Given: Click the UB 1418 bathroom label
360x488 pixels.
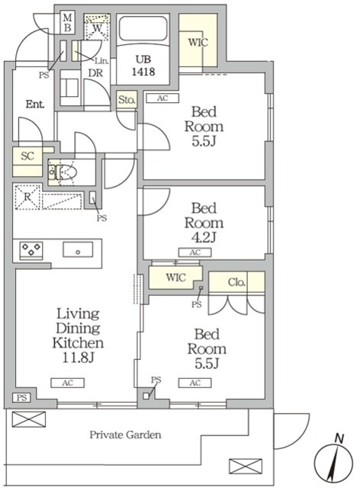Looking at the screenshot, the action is point(143,66).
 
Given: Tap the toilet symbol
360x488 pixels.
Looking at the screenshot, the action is point(63,172).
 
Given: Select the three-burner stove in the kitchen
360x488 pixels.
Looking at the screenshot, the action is point(31,249).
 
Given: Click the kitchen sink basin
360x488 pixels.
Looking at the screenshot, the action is point(78,249).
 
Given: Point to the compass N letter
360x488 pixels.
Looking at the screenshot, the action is point(339,439).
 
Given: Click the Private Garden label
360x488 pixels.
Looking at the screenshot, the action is point(126,435).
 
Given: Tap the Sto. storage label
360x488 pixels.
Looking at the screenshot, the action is point(127,100).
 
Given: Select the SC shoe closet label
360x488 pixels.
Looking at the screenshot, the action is point(27,156).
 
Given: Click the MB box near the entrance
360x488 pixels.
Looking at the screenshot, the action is point(68,23).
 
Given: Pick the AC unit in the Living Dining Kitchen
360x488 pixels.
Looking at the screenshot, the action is point(68,383).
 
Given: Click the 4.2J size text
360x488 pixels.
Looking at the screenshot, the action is point(204,238).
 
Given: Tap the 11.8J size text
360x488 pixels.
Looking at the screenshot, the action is point(78,358).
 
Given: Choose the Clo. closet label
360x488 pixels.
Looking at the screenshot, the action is point(236,282).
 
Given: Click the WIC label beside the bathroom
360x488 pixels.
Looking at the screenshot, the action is point(198,42).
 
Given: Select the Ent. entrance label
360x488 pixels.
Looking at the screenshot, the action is point(35,104).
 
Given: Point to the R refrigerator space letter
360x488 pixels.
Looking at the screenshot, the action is point(27,197).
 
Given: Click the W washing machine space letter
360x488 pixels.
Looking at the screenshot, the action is point(98,27).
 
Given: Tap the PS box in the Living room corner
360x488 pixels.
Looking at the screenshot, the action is point(21,397).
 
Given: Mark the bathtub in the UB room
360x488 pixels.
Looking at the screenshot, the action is point(143,28).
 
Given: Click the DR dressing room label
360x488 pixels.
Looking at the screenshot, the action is point(95,73).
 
